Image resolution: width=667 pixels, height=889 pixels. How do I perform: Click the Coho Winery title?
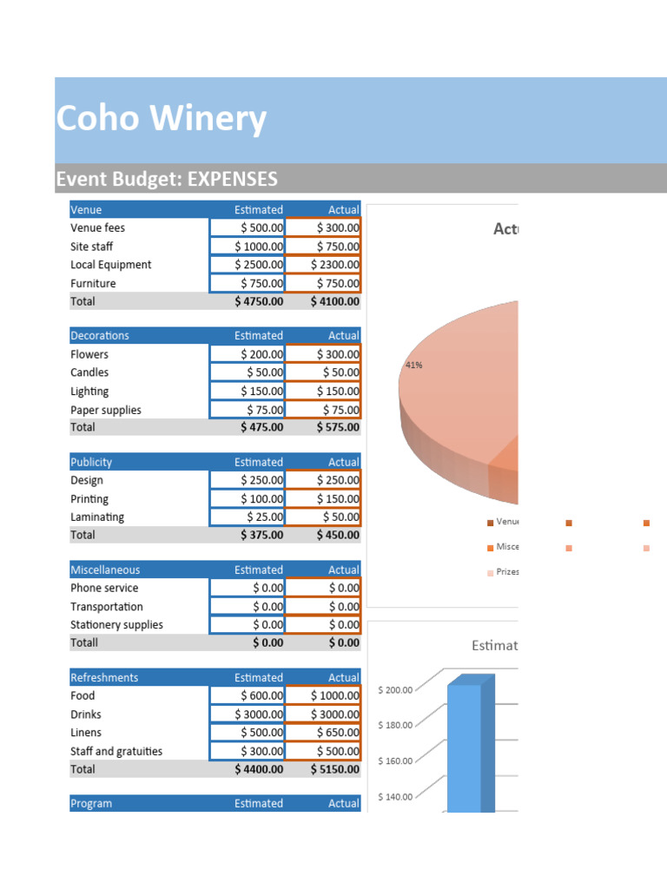click(162, 119)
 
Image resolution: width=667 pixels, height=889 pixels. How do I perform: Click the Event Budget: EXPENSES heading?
click(167, 179)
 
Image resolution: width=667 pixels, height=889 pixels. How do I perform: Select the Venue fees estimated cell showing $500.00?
click(248, 227)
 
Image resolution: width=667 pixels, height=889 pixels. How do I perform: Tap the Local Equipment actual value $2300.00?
click(323, 265)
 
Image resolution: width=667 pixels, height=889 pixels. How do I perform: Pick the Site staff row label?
click(92, 247)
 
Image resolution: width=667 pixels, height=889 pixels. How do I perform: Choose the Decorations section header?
click(100, 335)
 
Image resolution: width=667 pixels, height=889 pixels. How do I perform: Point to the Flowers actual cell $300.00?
click(323, 354)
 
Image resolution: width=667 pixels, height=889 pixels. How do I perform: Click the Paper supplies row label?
click(106, 410)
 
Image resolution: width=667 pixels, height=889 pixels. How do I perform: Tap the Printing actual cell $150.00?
click(323, 499)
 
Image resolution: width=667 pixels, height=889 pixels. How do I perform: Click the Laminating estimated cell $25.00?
click(248, 517)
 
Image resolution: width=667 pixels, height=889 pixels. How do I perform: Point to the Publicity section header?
click(91, 462)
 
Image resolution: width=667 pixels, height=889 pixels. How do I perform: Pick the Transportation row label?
click(107, 607)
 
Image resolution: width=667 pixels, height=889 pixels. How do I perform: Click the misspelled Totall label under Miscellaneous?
click(84, 642)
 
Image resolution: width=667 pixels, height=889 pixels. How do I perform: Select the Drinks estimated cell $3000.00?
click(248, 714)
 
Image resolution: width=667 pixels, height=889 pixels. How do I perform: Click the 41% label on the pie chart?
click(413, 365)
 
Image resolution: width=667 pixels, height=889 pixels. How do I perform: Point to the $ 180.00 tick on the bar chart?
click(396, 725)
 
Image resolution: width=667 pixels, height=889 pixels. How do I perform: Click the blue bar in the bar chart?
click(465, 747)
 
